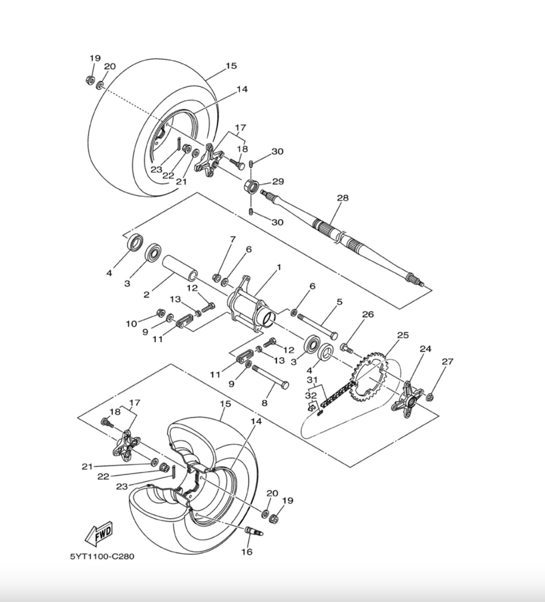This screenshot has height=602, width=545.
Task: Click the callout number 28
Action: tap(342, 198)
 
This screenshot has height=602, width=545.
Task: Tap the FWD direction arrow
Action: tap(99, 533)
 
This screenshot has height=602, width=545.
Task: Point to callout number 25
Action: tap(402, 335)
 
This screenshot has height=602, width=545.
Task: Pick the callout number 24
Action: tap(425, 349)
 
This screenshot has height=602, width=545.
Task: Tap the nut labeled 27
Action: tap(430, 397)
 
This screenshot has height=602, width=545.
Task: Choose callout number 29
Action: tap(277, 182)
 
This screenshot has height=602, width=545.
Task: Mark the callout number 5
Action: tap(339, 302)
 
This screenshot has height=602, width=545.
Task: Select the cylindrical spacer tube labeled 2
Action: tap(179, 267)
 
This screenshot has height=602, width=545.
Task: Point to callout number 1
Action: tap(278, 267)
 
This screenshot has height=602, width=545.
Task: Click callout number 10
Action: tap(130, 323)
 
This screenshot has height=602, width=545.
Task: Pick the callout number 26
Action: tap(368, 315)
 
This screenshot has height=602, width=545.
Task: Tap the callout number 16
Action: tap(247, 552)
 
